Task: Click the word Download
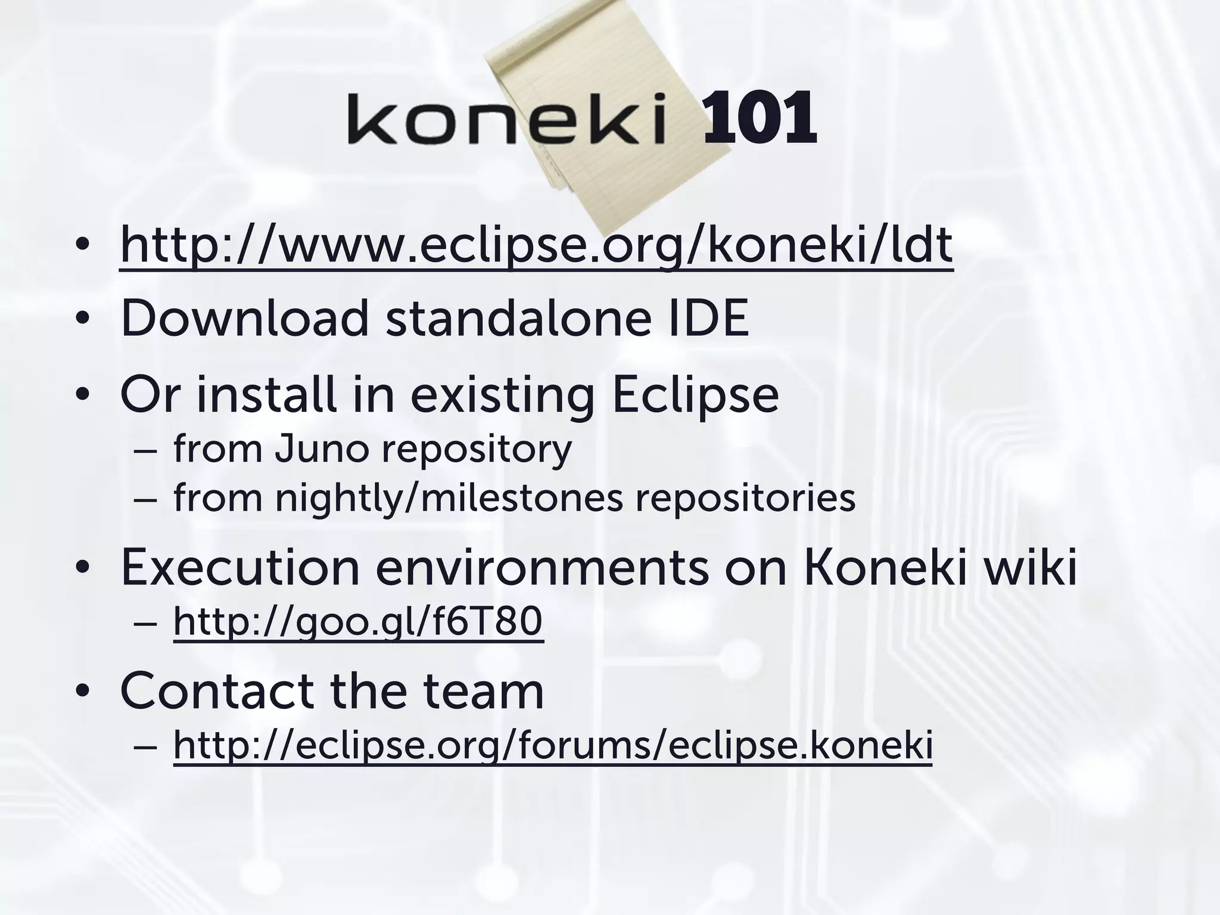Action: (244, 318)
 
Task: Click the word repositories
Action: (745, 498)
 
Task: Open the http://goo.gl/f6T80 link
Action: (357, 621)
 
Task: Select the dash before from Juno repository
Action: (145, 451)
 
